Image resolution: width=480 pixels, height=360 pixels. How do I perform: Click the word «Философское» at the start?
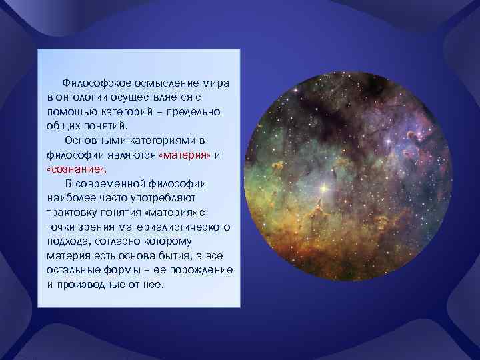[x=93, y=84]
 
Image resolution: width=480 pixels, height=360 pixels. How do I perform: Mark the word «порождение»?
[x=203, y=270]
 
